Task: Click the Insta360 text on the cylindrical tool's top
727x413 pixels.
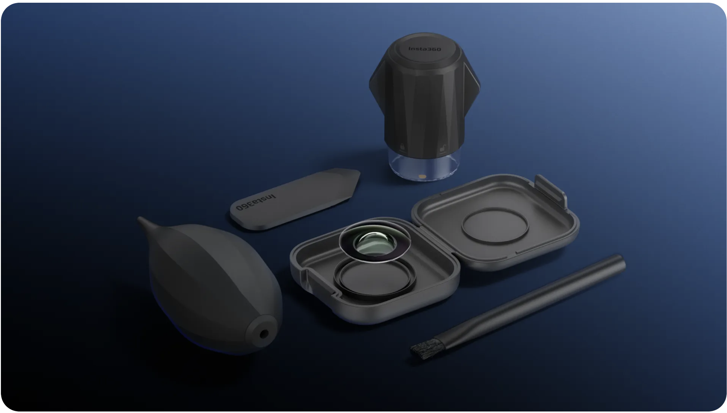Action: pyautogui.click(x=424, y=49)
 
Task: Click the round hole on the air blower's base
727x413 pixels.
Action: pyautogui.click(x=264, y=334)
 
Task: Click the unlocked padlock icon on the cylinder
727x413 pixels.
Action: pyautogui.click(x=442, y=149)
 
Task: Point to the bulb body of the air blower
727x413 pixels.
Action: pyautogui.click(x=206, y=281)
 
